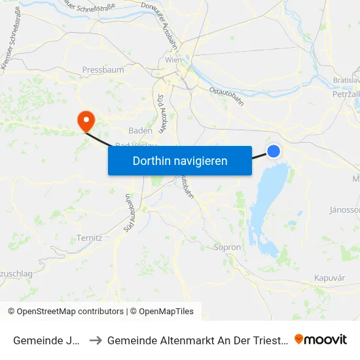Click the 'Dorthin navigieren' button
tap(180, 160)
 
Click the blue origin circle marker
tap(274, 151)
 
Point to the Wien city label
tap(173, 60)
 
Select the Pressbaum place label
tap(98, 69)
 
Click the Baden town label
tap(140, 130)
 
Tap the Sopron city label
tap(228, 247)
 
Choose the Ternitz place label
tap(89, 238)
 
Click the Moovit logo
tap(321, 339)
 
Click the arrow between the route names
tap(96, 340)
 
